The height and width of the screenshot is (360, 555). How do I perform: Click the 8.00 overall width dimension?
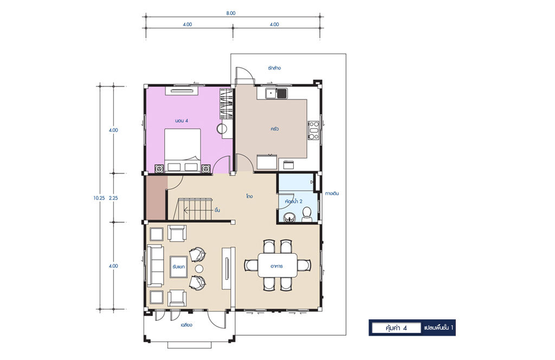[x=230, y=13]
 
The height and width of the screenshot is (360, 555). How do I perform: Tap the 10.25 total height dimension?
[x=99, y=198]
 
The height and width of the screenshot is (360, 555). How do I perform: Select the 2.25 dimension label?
[x=113, y=198]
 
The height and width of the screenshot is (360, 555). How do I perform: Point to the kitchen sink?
[x=276, y=93]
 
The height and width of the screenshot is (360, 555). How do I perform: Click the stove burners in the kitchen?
[x=314, y=130]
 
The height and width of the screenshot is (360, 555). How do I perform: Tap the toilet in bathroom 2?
[x=307, y=215]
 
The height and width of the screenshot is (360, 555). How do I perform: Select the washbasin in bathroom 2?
[x=289, y=217]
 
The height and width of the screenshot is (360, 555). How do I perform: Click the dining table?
[x=277, y=265]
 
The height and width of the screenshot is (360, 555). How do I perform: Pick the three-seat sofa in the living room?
[x=155, y=265]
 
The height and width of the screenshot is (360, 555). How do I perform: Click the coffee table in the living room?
[x=179, y=266]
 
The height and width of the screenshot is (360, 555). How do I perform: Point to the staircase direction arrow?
[x=198, y=210]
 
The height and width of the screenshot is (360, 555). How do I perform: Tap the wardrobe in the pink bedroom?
[x=227, y=104]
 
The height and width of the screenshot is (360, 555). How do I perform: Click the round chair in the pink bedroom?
[x=223, y=129]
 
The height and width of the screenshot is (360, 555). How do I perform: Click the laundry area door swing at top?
[x=245, y=75]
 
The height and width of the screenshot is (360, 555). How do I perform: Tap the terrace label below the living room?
[x=186, y=325]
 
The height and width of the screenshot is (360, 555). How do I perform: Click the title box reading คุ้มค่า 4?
[x=396, y=328]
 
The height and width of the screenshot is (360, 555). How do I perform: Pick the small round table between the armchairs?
[x=199, y=269]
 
